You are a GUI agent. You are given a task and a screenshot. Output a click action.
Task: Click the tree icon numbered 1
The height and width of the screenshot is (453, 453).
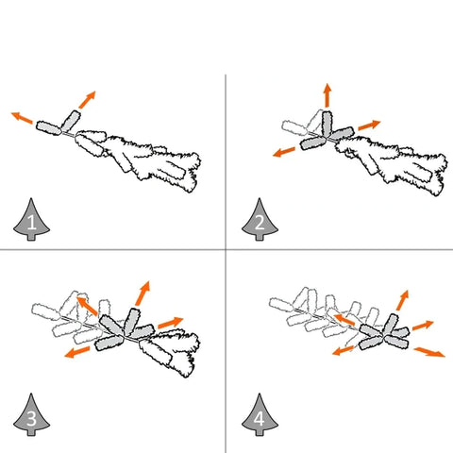(x=31, y=220)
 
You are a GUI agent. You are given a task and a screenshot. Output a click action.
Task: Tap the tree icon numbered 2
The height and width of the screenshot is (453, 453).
(x=260, y=220)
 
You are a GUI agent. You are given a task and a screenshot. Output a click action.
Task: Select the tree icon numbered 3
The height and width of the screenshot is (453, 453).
(x=31, y=415)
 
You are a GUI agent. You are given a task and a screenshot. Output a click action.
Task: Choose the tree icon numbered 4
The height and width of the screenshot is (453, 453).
(x=260, y=415)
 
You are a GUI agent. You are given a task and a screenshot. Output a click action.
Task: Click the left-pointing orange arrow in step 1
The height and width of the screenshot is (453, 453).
(x=22, y=117)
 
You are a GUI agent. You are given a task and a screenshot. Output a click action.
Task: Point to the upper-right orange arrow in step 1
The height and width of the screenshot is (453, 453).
(x=87, y=100)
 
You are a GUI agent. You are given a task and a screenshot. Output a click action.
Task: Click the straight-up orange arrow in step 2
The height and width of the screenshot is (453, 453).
(x=327, y=95)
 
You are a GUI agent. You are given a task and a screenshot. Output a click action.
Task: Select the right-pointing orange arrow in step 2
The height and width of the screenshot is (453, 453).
(x=369, y=125)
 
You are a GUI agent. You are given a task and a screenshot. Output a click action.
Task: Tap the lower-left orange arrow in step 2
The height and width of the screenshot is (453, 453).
(x=284, y=152)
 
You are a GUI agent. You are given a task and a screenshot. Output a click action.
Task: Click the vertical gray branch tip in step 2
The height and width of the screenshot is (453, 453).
(x=327, y=124)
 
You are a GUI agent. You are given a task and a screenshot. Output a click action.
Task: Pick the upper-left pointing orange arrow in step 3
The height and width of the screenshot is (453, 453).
(x=87, y=306)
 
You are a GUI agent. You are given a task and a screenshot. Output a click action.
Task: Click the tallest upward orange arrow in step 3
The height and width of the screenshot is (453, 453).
(x=143, y=294)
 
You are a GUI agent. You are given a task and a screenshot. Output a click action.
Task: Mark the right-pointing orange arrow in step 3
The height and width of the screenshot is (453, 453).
(x=171, y=323)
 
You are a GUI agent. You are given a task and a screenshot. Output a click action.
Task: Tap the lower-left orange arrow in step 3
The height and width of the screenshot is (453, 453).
(x=77, y=352)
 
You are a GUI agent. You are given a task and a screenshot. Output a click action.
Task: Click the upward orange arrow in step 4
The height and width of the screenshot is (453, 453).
(x=402, y=300)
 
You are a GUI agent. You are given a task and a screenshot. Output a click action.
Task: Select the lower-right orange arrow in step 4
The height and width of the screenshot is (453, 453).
(x=429, y=352)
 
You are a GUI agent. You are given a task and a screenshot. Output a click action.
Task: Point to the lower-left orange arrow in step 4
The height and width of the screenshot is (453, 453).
(x=344, y=350)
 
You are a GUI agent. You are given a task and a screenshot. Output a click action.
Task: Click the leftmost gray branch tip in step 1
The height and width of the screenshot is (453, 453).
(x=49, y=128)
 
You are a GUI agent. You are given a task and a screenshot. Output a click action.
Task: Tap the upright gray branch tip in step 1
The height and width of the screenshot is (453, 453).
(x=71, y=121)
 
